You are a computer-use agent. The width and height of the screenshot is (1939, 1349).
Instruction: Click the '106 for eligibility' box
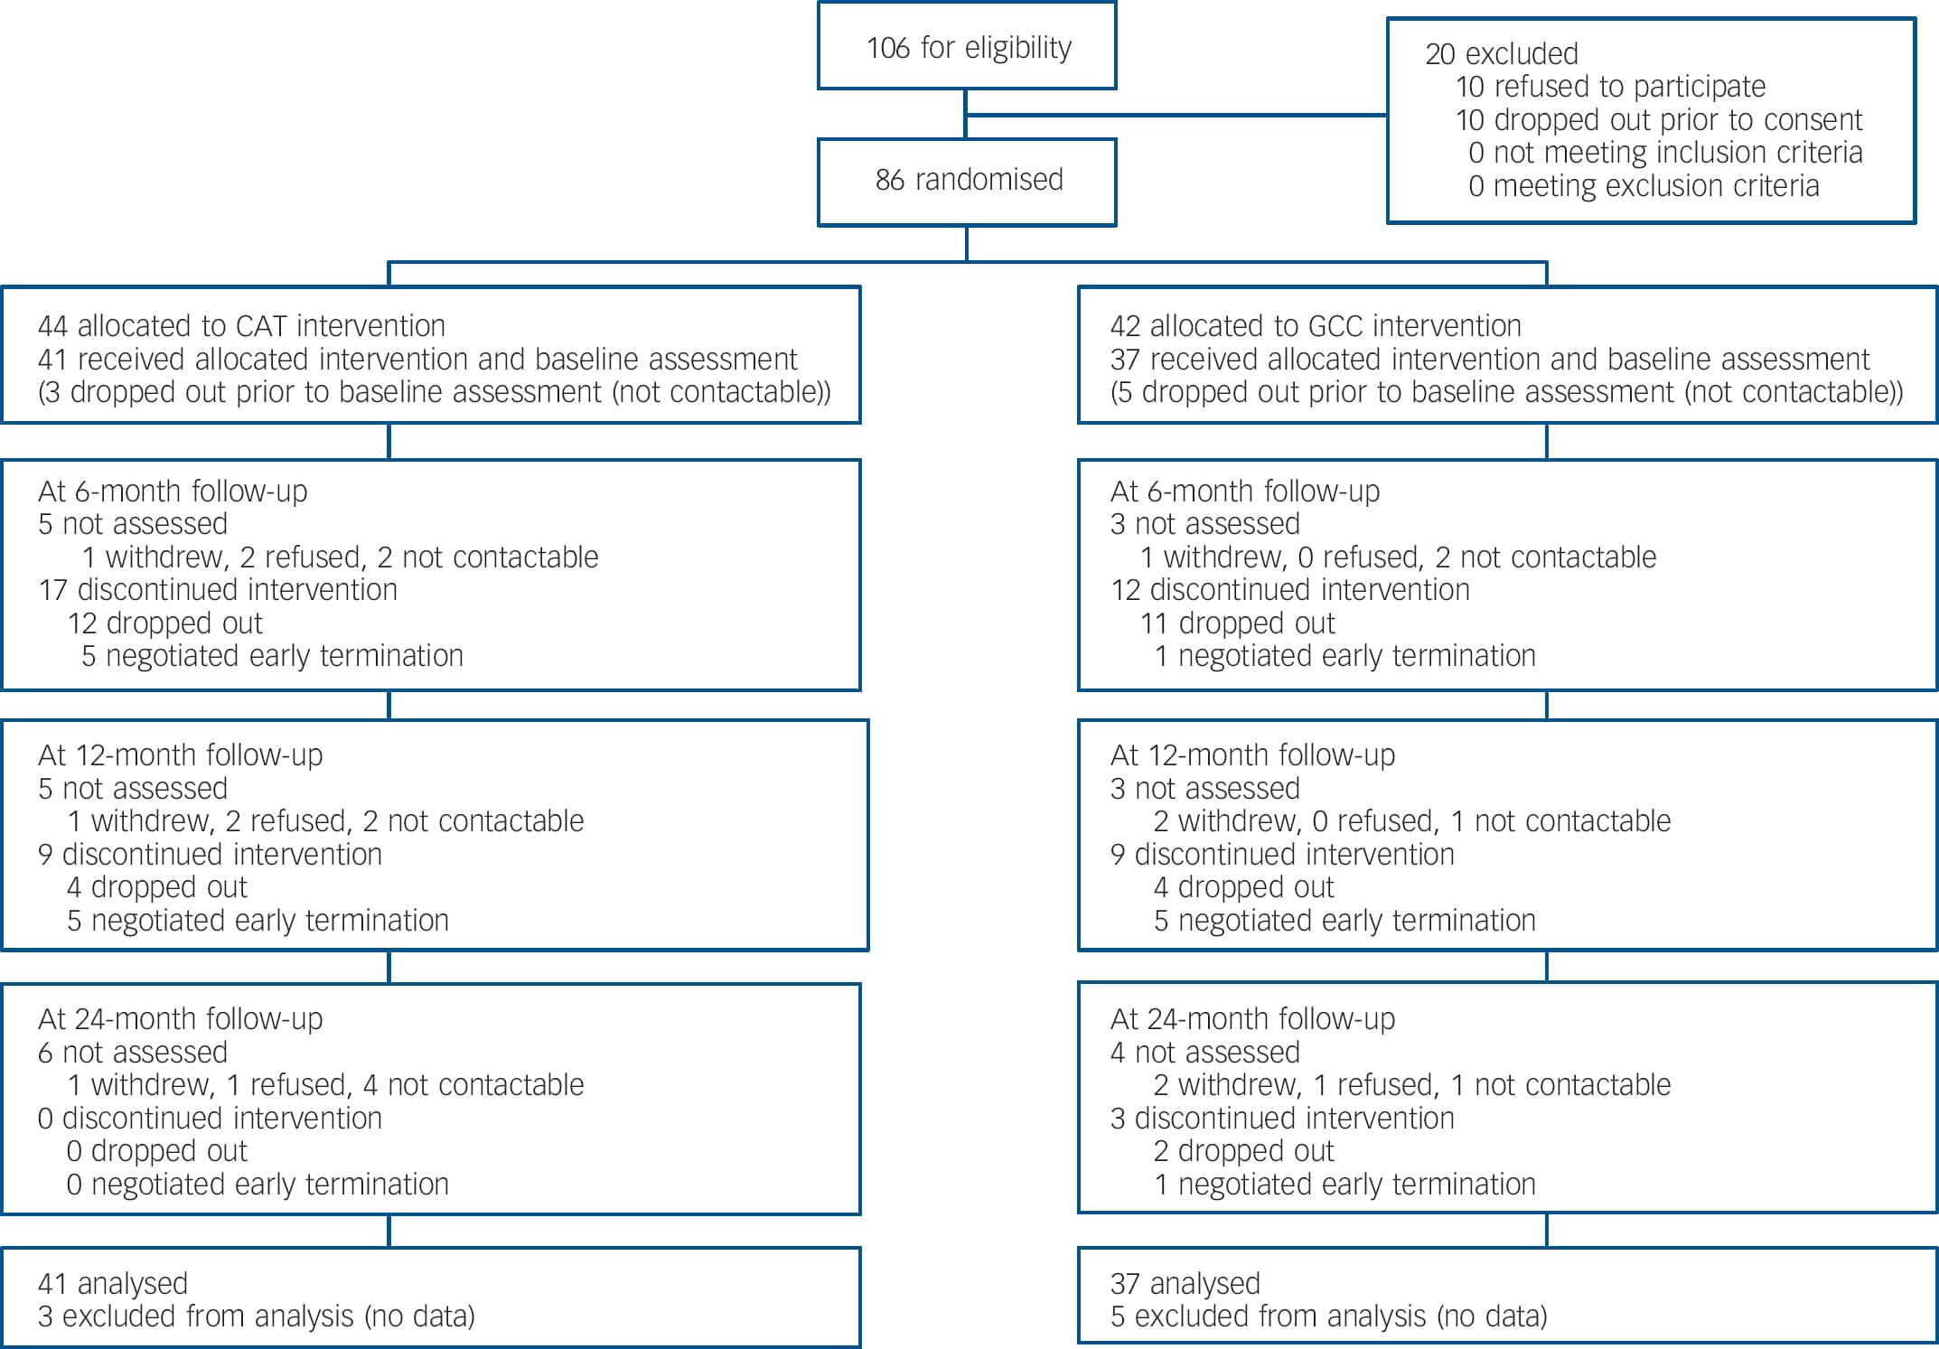point(967,47)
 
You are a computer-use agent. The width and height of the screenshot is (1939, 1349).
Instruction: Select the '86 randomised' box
point(967,181)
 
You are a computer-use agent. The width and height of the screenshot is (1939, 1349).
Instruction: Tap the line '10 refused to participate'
point(1610,87)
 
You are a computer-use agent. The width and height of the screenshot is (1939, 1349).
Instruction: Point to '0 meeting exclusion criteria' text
point(1643,186)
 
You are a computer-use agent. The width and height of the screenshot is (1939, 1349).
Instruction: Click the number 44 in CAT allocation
point(53,326)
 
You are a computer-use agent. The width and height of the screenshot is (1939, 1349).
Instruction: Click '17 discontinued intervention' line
point(218,590)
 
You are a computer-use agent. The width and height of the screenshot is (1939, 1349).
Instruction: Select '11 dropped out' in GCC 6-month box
point(1237,623)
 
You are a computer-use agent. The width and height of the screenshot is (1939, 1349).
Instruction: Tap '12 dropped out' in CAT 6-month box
point(164,623)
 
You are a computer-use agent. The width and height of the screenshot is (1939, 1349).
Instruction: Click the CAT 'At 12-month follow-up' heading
point(180,755)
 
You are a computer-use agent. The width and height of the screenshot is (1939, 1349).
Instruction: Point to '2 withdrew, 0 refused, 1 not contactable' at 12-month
point(1411,821)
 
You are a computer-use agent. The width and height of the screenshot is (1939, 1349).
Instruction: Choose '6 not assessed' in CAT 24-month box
point(132,1053)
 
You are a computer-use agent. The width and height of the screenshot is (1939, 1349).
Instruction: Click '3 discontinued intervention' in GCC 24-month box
point(1281,1119)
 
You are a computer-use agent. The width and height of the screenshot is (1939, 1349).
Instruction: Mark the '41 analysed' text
point(113,1284)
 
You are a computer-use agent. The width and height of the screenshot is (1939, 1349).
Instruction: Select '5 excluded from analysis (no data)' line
point(1328,1316)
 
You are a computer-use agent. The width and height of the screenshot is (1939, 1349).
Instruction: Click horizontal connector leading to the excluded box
point(1175,115)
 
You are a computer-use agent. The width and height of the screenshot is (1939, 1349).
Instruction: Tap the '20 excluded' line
point(1501,54)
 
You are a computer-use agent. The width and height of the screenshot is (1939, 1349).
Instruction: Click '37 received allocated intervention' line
point(1489,360)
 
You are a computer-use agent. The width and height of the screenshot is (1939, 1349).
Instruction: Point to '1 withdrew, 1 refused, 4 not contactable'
point(325,1085)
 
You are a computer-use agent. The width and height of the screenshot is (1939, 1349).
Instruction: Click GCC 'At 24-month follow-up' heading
point(1252,1019)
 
